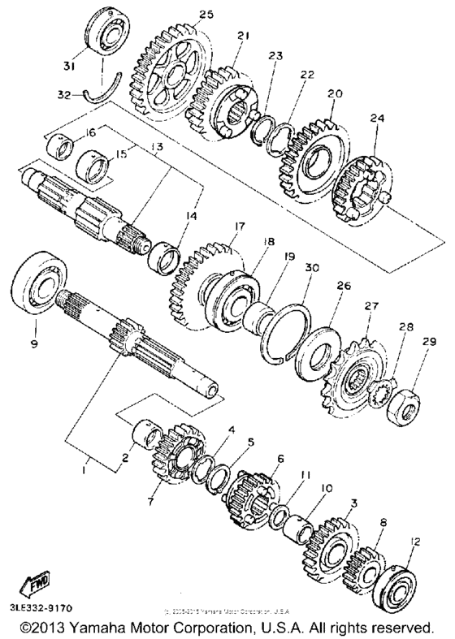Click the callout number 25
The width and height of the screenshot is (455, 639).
205,15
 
